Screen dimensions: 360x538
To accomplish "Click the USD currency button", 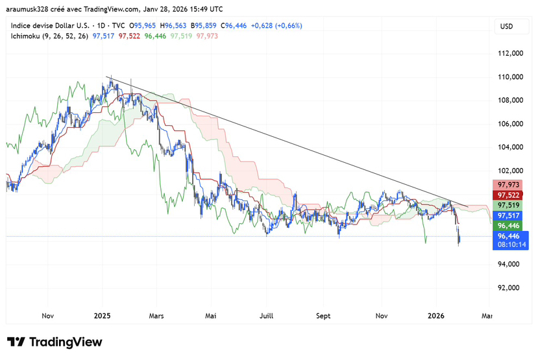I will coord(506,26).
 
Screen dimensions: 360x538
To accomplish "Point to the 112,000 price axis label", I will coord(509,54).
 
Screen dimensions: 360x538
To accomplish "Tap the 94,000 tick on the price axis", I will coord(509,265).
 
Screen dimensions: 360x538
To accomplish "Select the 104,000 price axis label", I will coord(509,147).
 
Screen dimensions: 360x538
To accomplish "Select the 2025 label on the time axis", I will coord(102,316).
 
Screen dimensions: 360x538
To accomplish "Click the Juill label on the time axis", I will coord(266,316).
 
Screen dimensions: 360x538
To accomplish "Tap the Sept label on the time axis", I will coord(323,316).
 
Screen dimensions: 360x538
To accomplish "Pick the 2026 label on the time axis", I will coord(435,316).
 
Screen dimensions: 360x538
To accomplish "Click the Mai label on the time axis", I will coord(210,316).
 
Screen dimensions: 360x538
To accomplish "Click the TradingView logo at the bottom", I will coord(55,342).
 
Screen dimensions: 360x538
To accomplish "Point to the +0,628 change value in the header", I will coord(262,26).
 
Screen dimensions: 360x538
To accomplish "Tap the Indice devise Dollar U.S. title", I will coord(48,26).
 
